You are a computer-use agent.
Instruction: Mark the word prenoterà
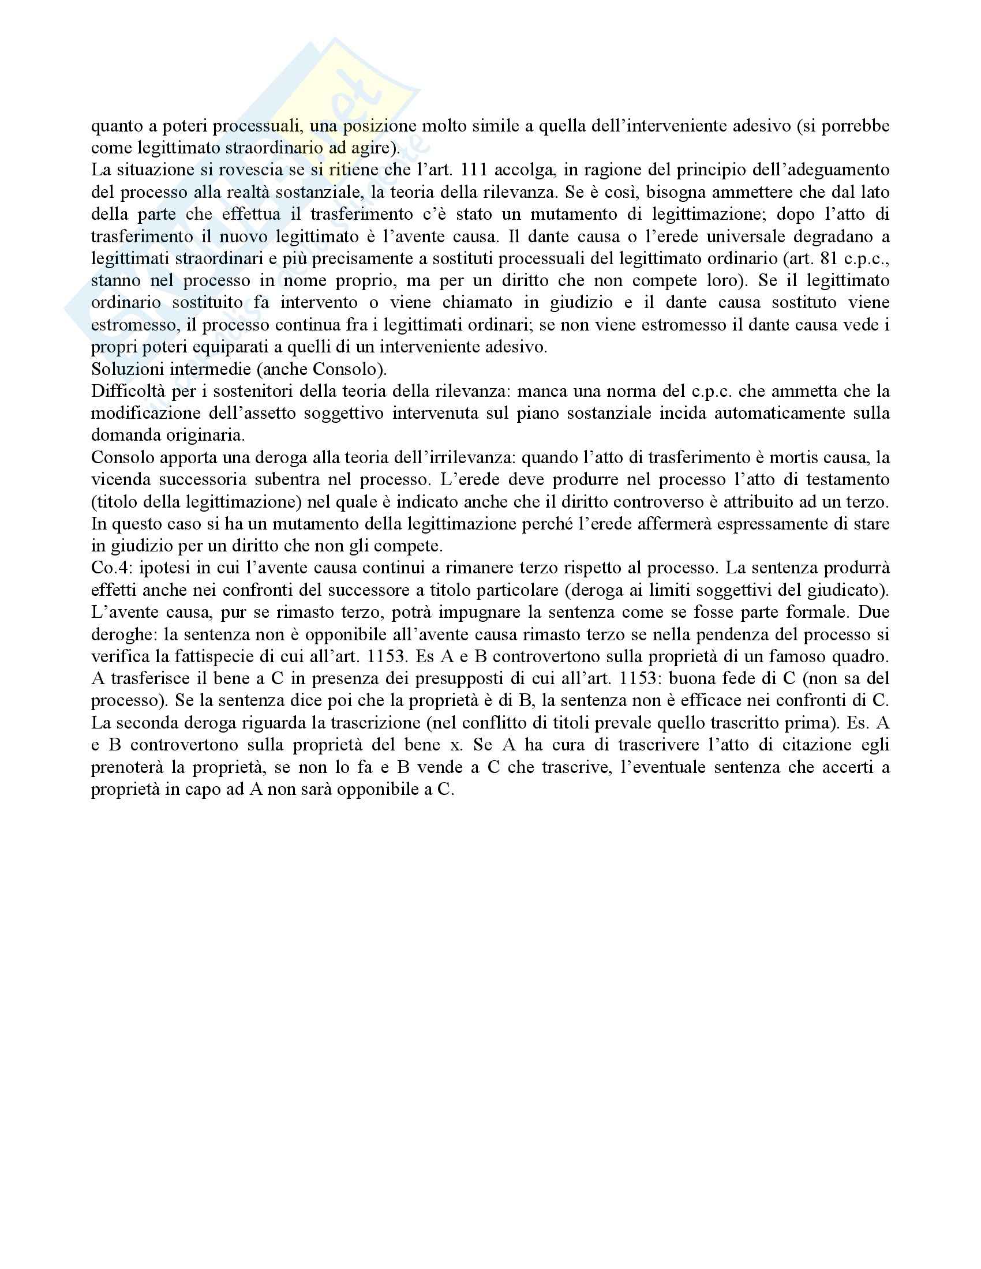127,767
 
